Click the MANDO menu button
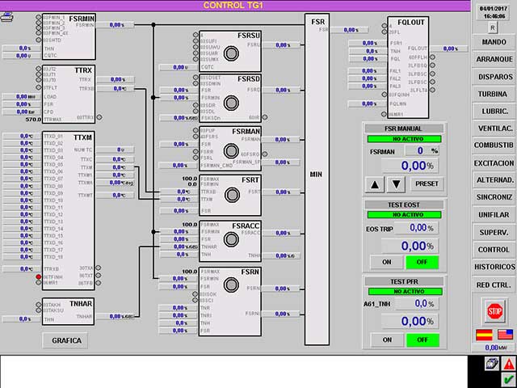click(x=494, y=41)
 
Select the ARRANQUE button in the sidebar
click(x=494, y=59)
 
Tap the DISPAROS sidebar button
click(x=494, y=77)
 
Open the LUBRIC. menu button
click(x=494, y=111)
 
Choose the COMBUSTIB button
click(x=494, y=145)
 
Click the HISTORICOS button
click(x=494, y=267)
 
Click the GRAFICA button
click(x=67, y=340)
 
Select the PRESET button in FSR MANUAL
click(x=427, y=183)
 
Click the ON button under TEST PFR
click(x=386, y=339)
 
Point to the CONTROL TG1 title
click(x=233, y=5)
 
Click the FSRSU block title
click(x=248, y=35)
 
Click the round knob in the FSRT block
click(x=233, y=194)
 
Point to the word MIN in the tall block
click(x=317, y=173)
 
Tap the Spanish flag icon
click(x=484, y=334)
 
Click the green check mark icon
click(x=508, y=379)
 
